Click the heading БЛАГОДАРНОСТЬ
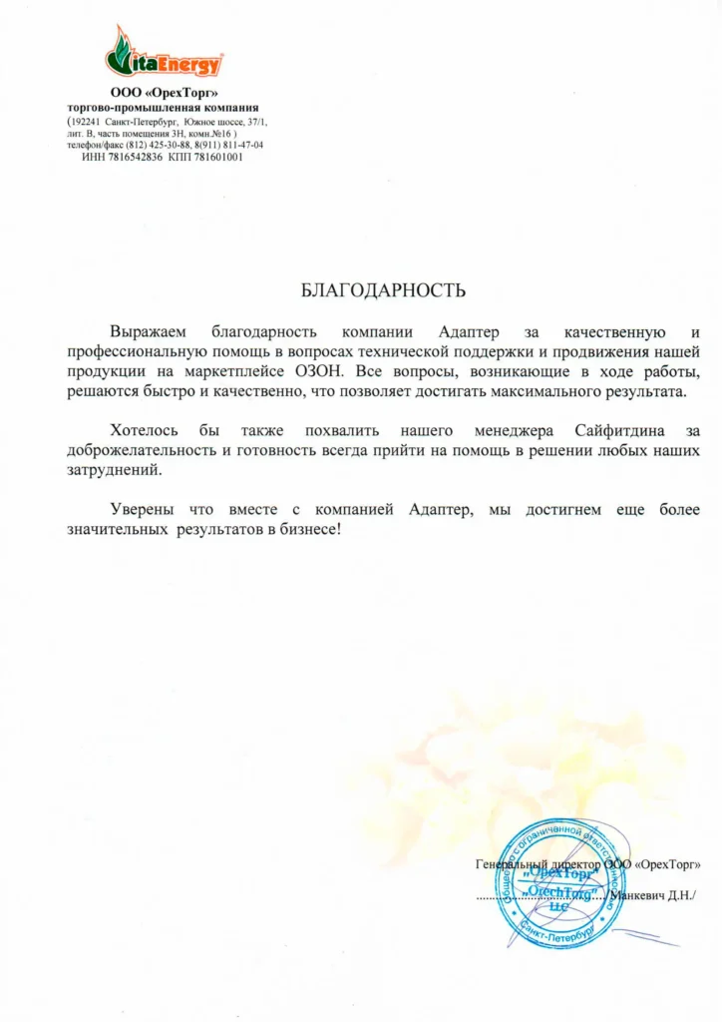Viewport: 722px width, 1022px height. [x=383, y=291]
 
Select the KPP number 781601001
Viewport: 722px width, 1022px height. [x=216, y=157]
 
